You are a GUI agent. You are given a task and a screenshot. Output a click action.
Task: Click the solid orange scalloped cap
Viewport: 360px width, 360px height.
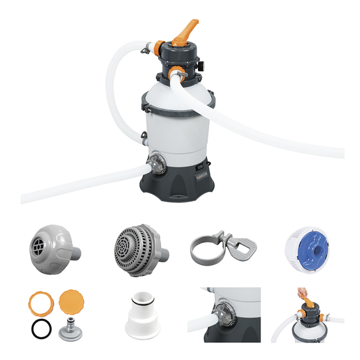(x=71, y=301)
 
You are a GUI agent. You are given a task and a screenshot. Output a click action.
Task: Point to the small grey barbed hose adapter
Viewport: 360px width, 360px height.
(x=72, y=329)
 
